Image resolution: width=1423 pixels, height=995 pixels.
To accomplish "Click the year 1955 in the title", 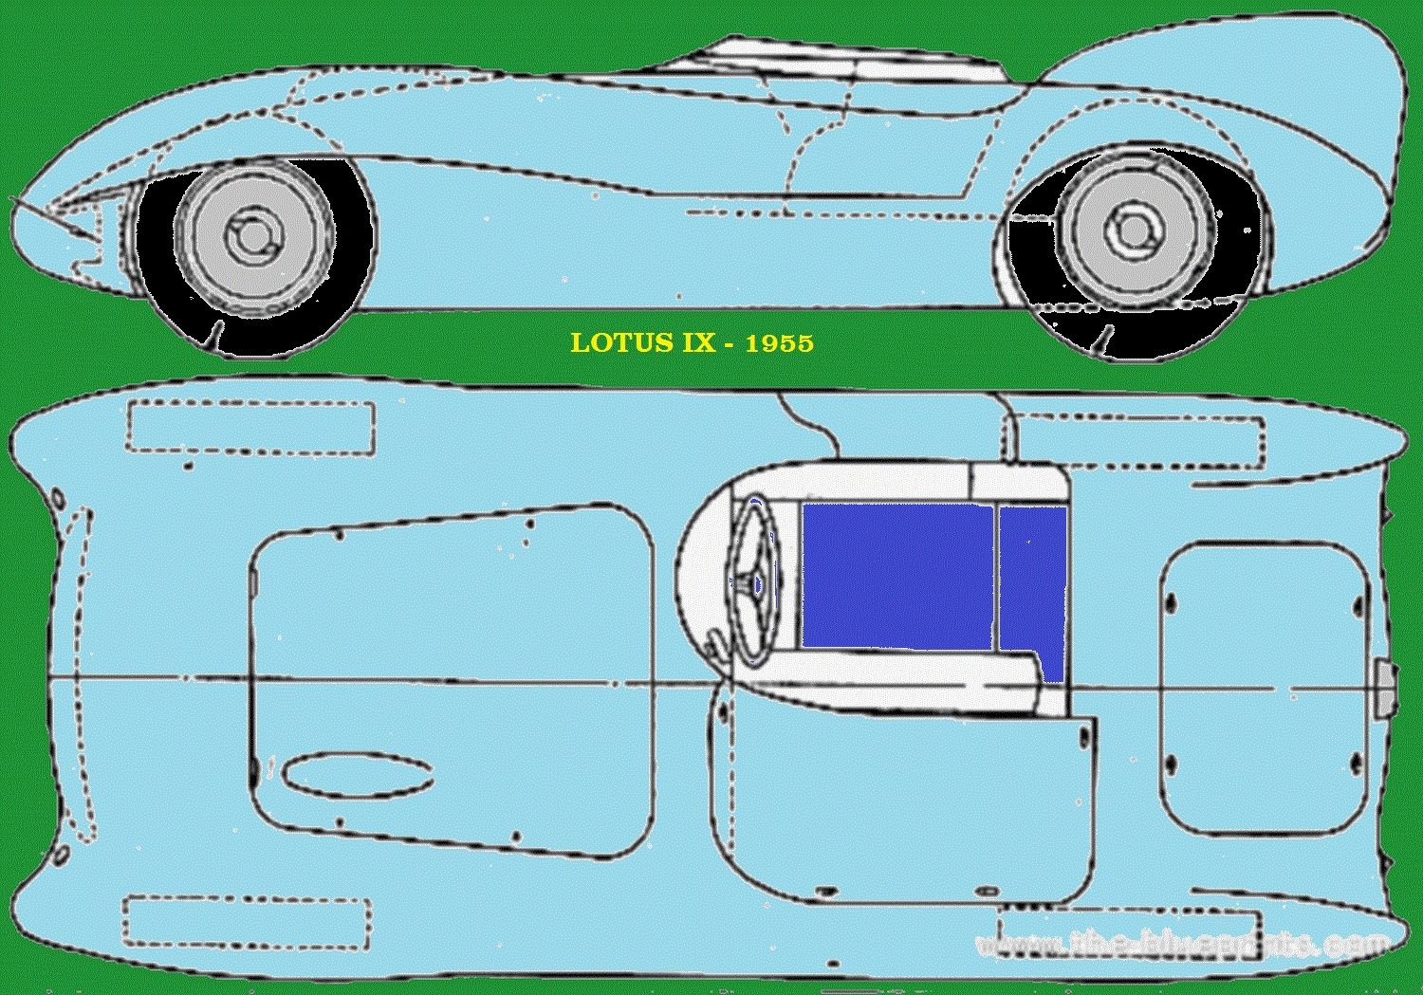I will click(779, 342).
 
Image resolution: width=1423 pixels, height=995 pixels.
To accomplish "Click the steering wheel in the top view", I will click(755, 582).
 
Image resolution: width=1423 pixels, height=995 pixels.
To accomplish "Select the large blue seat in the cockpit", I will click(896, 576).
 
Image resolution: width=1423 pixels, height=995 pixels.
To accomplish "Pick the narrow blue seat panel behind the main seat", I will click(1033, 579).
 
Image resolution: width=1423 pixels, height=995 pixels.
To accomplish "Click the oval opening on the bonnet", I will click(358, 773).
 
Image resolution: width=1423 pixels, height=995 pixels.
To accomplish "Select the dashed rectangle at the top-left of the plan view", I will click(250, 427).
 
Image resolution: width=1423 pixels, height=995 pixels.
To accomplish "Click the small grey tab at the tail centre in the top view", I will click(1385, 687).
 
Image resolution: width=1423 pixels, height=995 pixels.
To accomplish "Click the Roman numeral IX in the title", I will click(697, 342).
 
